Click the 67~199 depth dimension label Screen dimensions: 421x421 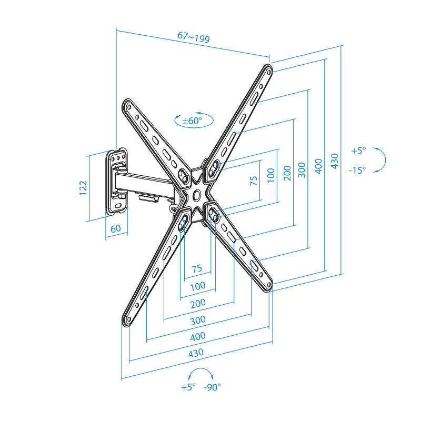194,37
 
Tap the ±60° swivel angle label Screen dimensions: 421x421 192,121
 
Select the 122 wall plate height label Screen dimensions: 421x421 83,188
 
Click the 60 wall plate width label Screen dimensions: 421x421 116,229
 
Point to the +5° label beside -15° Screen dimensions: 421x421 358,151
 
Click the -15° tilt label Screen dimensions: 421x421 357,170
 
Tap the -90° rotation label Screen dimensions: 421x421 212,387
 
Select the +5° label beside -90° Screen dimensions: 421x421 188,387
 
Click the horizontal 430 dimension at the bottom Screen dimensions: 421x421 196,353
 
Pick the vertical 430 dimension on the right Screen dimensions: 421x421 335,161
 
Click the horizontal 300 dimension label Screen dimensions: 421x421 198,320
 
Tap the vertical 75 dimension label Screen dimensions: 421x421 254,181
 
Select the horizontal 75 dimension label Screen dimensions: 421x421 196,268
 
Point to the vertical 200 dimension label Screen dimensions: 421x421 287,173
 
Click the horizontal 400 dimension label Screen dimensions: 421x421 198,336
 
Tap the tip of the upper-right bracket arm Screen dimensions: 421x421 269,66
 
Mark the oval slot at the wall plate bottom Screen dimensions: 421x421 118,206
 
